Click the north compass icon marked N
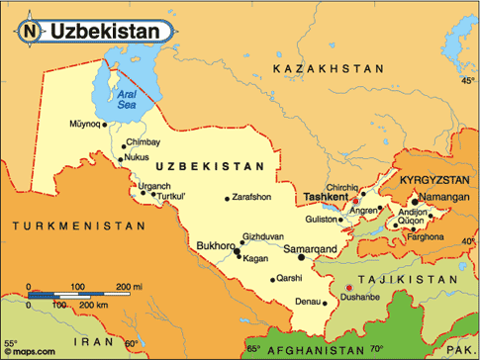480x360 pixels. click(x=28, y=32)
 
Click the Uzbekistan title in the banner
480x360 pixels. click(x=104, y=32)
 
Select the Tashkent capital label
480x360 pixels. click(x=326, y=197)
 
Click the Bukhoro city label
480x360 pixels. click(x=216, y=245)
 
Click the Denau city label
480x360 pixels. click(x=308, y=301)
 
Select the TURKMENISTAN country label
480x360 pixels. click(x=65, y=226)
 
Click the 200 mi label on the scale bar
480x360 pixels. click(x=130, y=285)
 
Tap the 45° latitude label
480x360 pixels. click(x=467, y=81)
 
